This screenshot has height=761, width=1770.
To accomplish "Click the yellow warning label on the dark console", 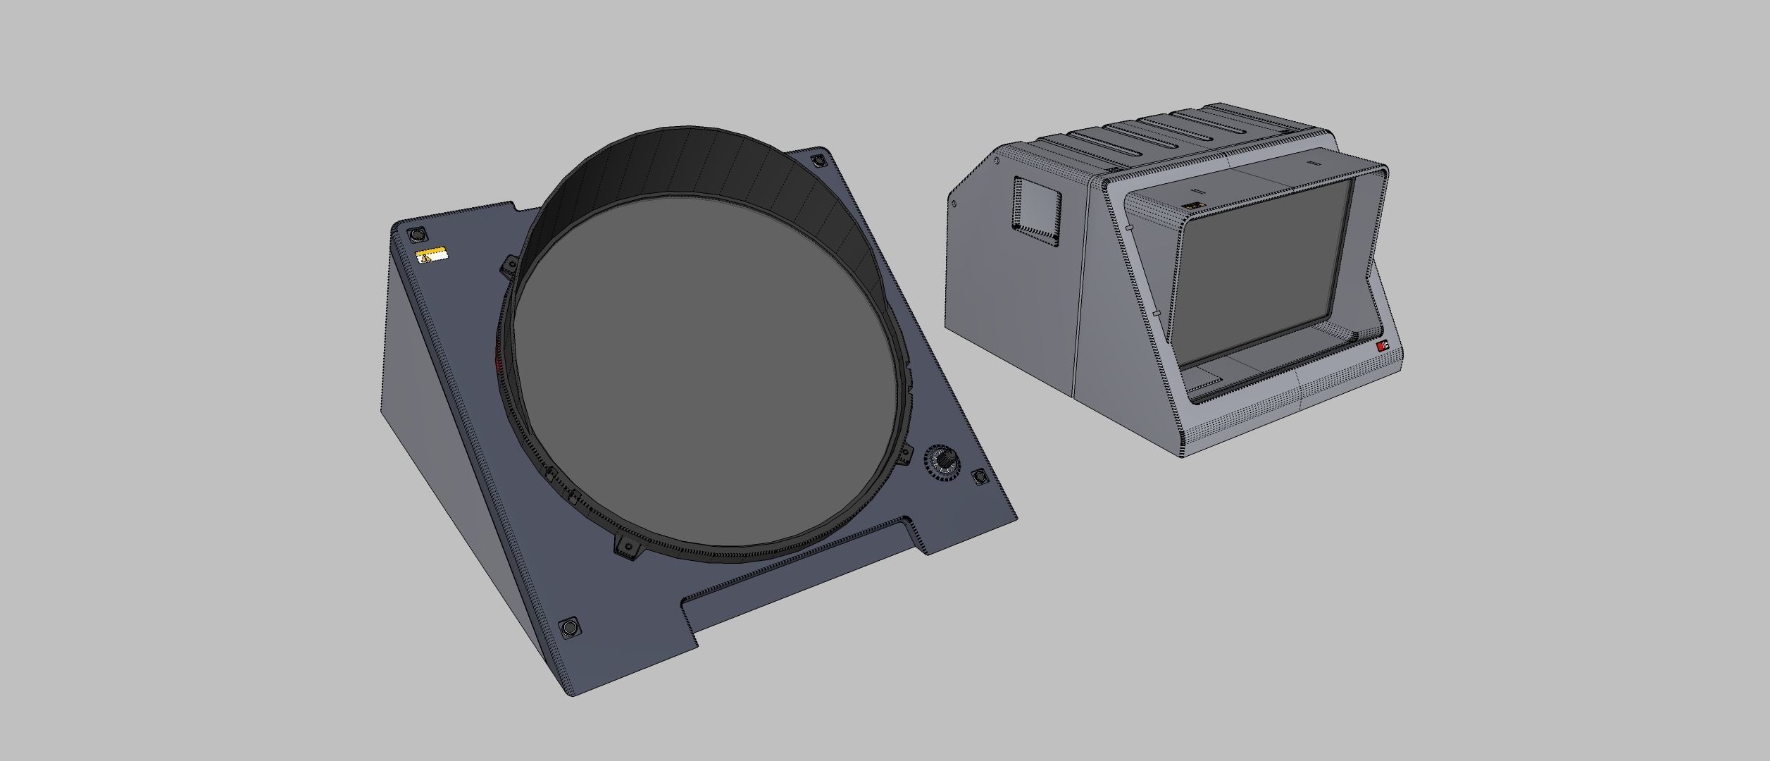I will point(431,255).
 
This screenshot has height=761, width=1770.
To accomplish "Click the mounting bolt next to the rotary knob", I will point(979,478).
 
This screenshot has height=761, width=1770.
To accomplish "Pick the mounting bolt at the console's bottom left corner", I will point(569,627).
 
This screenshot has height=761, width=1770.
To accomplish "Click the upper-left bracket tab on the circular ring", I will point(508,267).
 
